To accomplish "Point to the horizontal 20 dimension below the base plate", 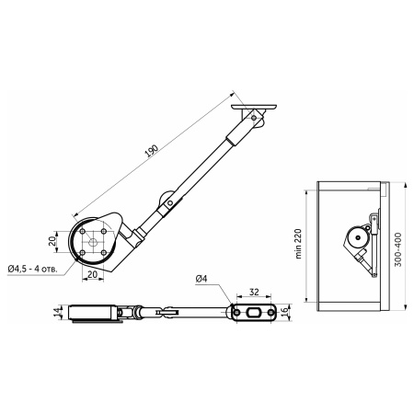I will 94,274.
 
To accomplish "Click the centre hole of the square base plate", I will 94,242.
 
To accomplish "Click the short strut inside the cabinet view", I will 369,262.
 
